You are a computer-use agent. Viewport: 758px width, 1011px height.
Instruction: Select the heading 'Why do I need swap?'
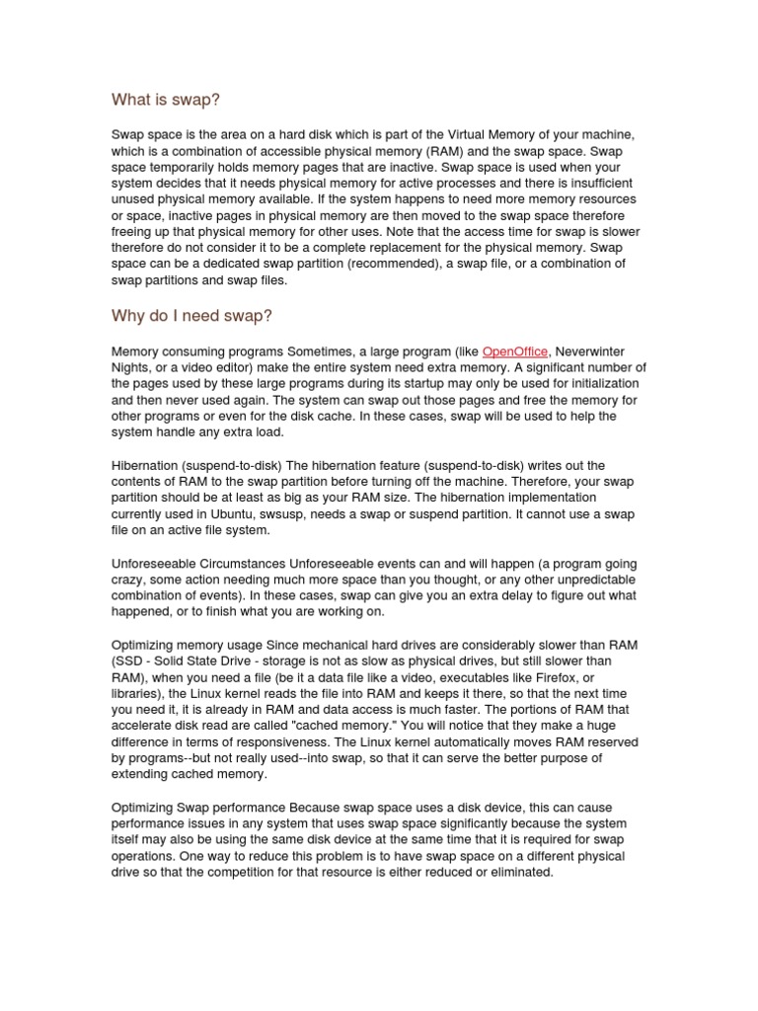click(x=191, y=316)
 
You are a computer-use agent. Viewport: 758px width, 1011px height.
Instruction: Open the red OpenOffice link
click(x=514, y=352)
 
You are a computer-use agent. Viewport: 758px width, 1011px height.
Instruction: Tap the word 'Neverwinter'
click(x=589, y=352)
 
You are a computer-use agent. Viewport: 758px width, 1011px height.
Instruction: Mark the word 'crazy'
click(x=129, y=580)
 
